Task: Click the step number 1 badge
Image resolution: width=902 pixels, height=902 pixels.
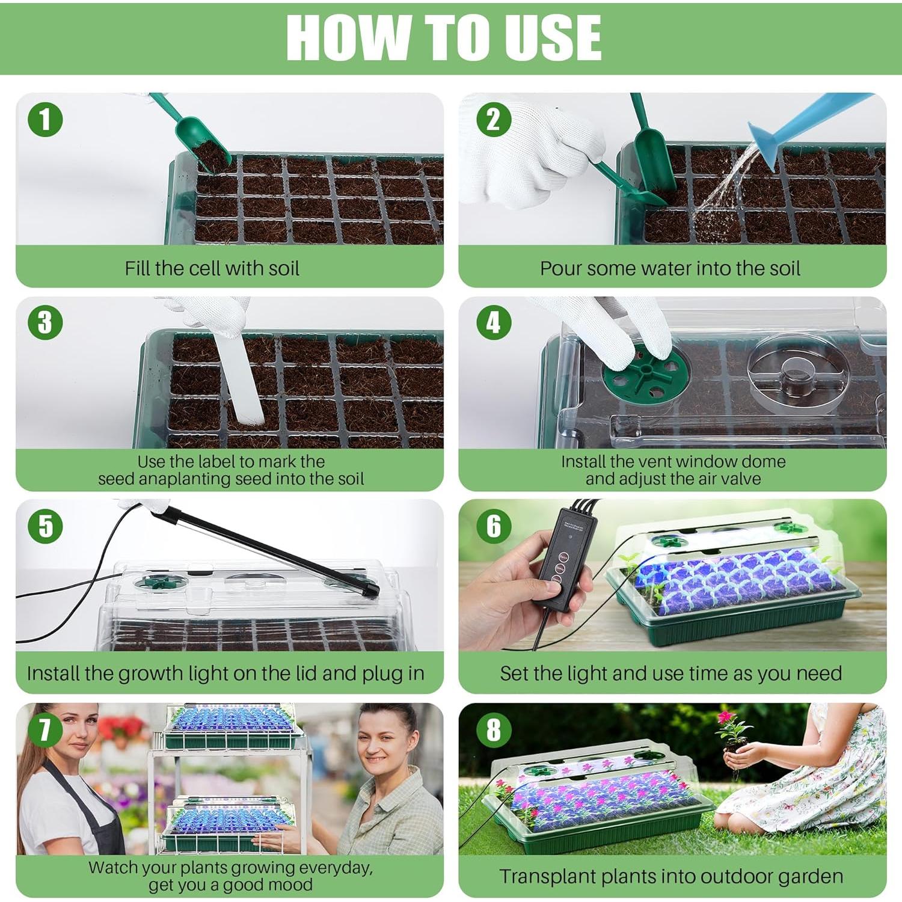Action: (x=45, y=119)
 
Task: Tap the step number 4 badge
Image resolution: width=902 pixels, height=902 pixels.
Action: (x=494, y=322)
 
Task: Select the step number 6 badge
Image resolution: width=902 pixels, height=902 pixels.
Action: (x=494, y=526)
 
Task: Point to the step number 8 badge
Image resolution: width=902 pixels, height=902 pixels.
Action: (x=494, y=729)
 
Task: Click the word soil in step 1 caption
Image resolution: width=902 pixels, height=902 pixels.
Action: (x=278, y=268)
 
